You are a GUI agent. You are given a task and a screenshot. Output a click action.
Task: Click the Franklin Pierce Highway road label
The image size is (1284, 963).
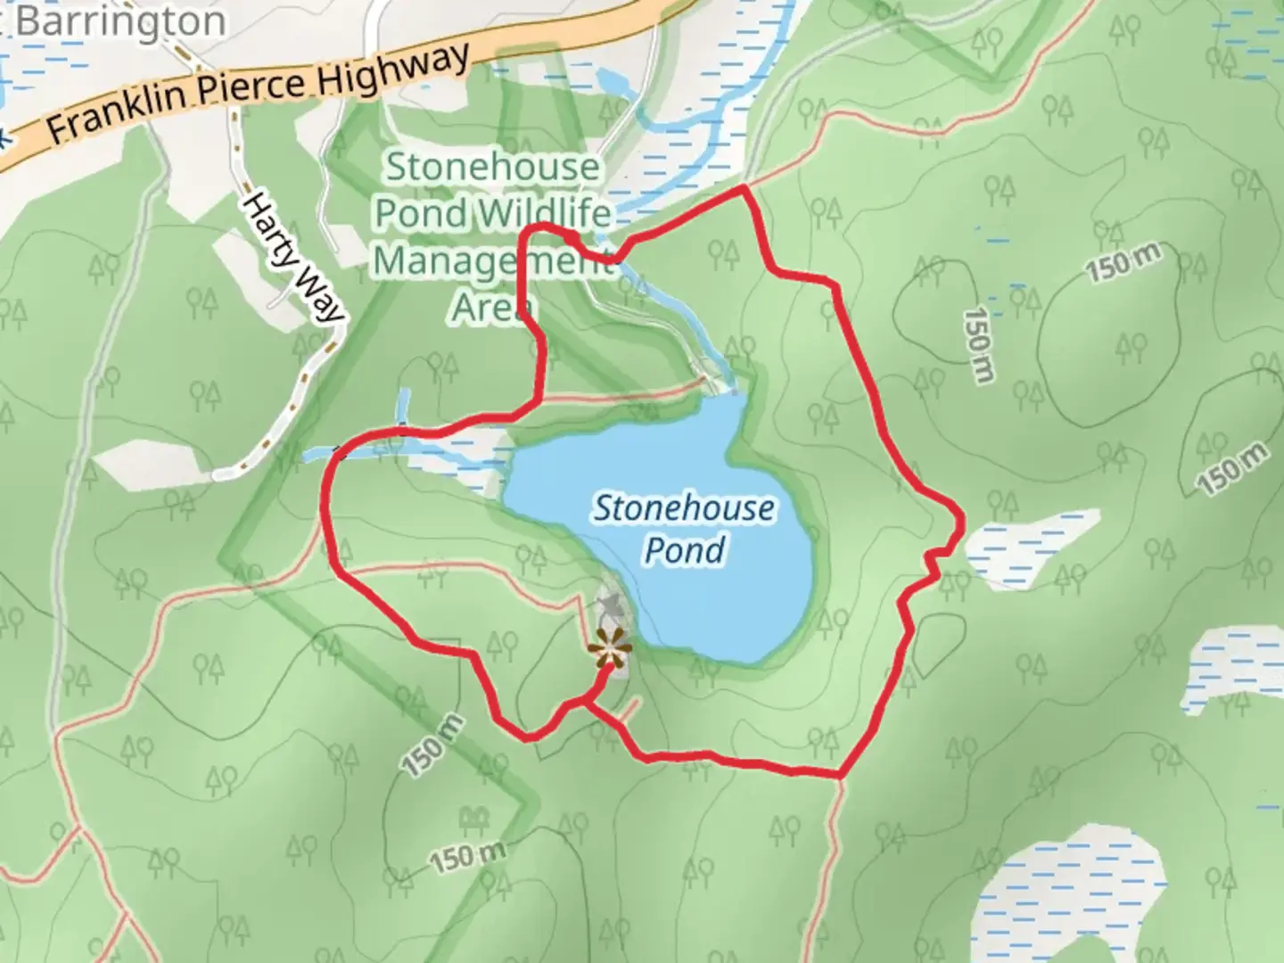[259, 95]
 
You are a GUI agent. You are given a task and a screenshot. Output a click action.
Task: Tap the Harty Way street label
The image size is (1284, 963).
[293, 258]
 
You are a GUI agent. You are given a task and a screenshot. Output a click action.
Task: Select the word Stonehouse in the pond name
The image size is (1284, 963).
[684, 508]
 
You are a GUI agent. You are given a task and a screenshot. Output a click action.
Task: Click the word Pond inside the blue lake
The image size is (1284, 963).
[684, 549]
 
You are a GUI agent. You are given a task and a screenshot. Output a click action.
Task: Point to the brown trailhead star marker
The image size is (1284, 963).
[609, 648]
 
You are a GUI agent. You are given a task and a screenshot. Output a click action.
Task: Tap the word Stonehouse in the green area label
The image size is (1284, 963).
[493, 167]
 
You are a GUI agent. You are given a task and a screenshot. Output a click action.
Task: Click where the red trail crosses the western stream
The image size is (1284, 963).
[338, 453]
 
